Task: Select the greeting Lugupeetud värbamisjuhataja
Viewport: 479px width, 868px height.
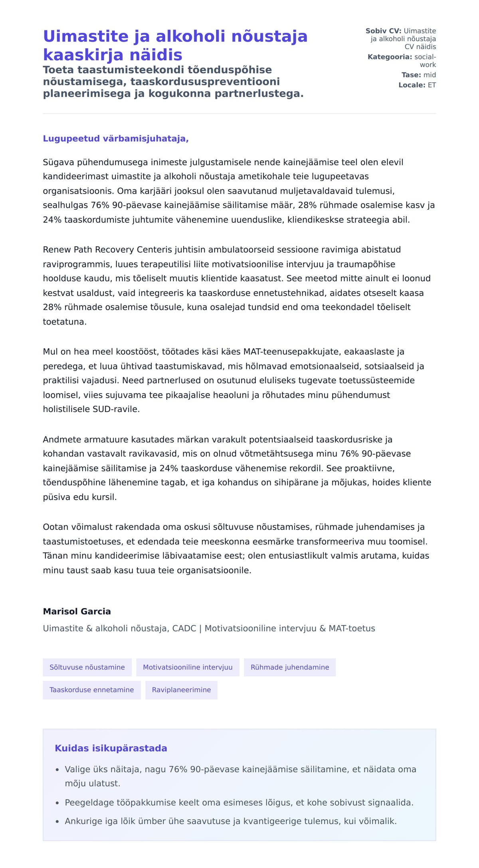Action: coord(116,139)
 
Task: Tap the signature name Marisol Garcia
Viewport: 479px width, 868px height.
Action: coord(77,611)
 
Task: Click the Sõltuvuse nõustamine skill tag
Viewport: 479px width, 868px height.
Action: coord(87,667)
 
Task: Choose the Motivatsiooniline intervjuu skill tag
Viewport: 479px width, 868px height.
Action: coord(188,667)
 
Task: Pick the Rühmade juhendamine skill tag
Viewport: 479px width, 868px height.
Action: coord(290,667)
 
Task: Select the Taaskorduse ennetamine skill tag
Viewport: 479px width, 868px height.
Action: coord(91,690)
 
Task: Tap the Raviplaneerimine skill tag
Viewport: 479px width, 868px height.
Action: coord(181,690)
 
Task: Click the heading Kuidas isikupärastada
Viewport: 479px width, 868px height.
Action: coord(111,748)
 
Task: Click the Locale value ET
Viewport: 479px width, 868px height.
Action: coord(432,85)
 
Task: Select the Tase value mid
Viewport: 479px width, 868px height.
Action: coord(430,75)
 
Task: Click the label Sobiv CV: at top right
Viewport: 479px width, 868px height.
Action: coord(383,31)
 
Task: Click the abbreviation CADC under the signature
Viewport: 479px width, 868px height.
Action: coord(184,628)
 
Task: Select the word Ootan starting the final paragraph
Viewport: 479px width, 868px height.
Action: coord(55,527)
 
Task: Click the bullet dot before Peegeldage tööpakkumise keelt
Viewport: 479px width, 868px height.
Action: coord(57,803)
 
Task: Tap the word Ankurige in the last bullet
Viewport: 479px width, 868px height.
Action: coord(82,821)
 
